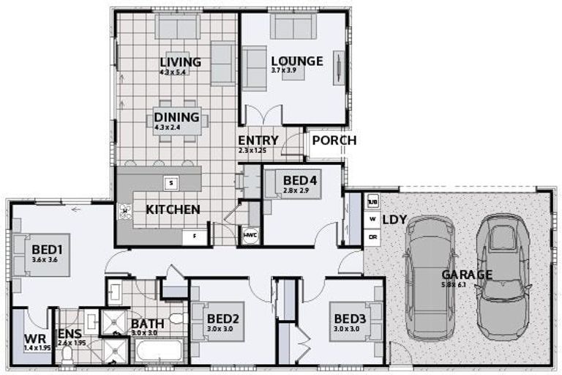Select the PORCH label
334,140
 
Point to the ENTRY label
258,140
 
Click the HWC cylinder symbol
250,235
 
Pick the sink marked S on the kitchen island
170,182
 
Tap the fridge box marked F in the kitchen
195,236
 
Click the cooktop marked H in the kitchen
124,212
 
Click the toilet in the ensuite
67,355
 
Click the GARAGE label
466,275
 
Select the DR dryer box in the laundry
372,237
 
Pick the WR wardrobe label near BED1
34,340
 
